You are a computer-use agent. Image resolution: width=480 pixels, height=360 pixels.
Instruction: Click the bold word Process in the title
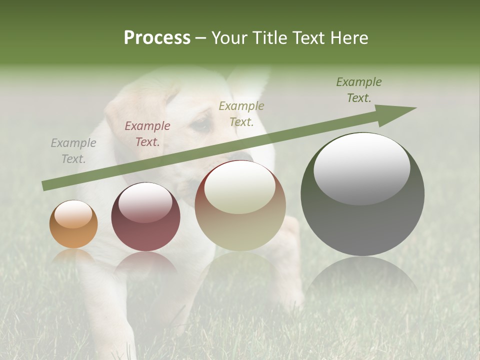pos(157,38)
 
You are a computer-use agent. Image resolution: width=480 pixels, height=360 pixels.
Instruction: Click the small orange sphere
pos(73,224)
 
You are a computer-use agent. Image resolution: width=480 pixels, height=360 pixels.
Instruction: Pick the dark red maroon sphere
pos(145,217)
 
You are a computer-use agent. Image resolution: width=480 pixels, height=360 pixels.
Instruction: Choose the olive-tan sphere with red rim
pos(240,205)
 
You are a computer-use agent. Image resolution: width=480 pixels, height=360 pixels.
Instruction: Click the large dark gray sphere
pos(362,194)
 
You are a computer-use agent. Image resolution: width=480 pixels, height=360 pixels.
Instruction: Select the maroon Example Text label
pos(147,134)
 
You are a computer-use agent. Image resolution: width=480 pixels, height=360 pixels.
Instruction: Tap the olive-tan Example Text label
pos(241,114)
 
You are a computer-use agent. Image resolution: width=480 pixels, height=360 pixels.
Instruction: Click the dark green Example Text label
pos(359,90)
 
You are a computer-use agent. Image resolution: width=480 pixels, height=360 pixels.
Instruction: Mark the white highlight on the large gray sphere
pos(362,168)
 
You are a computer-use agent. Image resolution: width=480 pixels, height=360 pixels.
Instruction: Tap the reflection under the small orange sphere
pos(73,255)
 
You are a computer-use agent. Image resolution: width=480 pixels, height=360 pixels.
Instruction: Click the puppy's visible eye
pos(201,124)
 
